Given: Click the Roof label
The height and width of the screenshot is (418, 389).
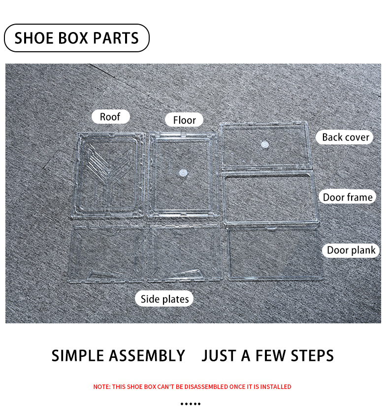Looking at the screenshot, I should (x=110, y=117).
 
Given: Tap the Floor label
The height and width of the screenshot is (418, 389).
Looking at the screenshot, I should (x=184, y=120).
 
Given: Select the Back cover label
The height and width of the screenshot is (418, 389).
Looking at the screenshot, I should (x=345, y=137).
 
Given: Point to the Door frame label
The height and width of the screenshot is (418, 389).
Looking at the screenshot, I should (x=347, y=197).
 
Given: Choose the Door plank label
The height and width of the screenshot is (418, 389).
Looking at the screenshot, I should (x=351, y=250).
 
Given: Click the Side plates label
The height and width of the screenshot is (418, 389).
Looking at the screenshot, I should (x=164, y=299).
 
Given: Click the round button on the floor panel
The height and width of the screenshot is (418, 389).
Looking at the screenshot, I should (x=183, y=173).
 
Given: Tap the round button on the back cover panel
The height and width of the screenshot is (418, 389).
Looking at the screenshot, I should (x=265, y=145).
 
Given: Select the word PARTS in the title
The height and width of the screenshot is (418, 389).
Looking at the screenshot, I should (x=116, y=38).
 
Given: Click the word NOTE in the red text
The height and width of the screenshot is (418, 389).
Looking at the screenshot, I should (x=101, y=387).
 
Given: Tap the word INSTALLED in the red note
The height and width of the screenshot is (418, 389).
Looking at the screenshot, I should (x=276, y=387).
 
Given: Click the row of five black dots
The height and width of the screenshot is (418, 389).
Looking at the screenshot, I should (x=191, y=404).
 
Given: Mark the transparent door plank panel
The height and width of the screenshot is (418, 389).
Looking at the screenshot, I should (x=276, y=254).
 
